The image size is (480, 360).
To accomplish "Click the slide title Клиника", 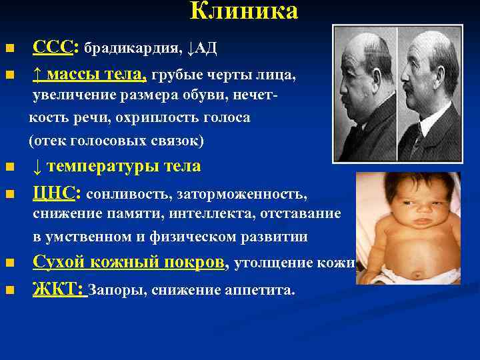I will [243, 11].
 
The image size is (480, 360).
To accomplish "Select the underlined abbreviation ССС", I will [54, 48].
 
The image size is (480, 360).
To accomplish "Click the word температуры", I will [114, 166].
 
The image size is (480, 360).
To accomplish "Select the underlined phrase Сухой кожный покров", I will [128, 263].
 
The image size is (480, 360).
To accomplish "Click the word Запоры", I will [113, 291].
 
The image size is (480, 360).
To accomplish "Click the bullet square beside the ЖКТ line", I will [9, 291].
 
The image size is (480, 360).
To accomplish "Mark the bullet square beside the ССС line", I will [9, 49].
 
